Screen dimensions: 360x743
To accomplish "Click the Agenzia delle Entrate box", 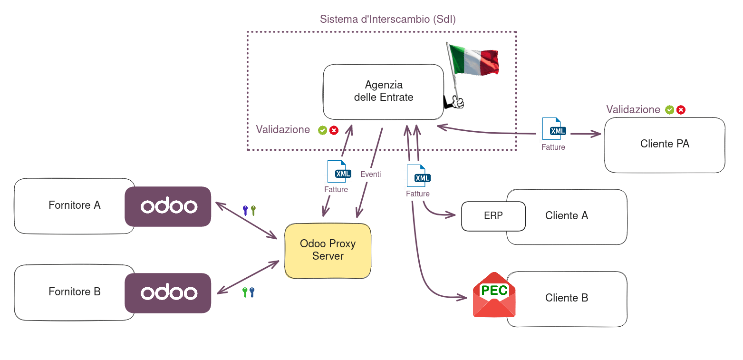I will click(383, 91).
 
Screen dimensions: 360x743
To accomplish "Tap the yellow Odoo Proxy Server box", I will click(328, 250).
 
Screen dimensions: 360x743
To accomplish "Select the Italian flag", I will click(473, 60).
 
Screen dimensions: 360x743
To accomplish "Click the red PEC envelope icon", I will click(494, 295).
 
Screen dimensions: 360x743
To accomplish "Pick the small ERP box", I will click(493, 216).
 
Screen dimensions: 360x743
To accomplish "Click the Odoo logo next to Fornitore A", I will click(168, 206).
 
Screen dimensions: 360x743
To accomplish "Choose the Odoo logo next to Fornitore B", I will click(168, 293).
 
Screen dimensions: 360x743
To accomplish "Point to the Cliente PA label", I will click(665, 144).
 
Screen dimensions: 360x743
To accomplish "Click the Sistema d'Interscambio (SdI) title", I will click(388, 19).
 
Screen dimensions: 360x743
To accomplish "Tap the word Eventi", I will click(370, 175).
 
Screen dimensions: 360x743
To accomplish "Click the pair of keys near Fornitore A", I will click(249, 210).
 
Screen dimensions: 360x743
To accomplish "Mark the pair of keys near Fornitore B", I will click(248, 292).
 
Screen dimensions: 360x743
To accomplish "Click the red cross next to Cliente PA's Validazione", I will click(681, 110).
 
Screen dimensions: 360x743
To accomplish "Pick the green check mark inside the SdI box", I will click(322, 130).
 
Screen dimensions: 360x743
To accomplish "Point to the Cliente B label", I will click(567, 298).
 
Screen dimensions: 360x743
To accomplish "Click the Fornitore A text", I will click(75, 205).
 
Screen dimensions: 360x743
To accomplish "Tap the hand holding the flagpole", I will click(455, 102).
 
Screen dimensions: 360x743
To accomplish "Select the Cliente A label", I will click(567, 216).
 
